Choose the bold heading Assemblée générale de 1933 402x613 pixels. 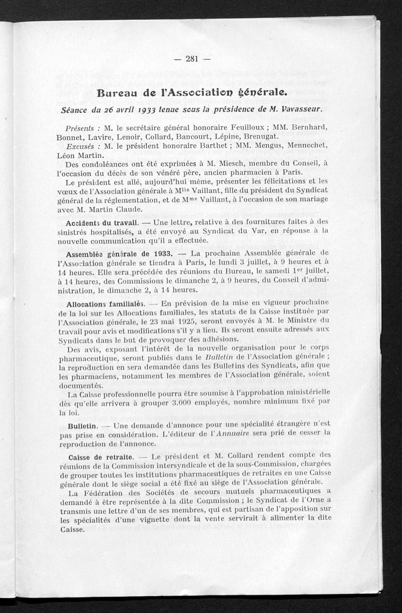120,253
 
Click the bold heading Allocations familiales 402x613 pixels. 105,305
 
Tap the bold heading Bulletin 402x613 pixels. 82,426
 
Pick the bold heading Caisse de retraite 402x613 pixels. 100,457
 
